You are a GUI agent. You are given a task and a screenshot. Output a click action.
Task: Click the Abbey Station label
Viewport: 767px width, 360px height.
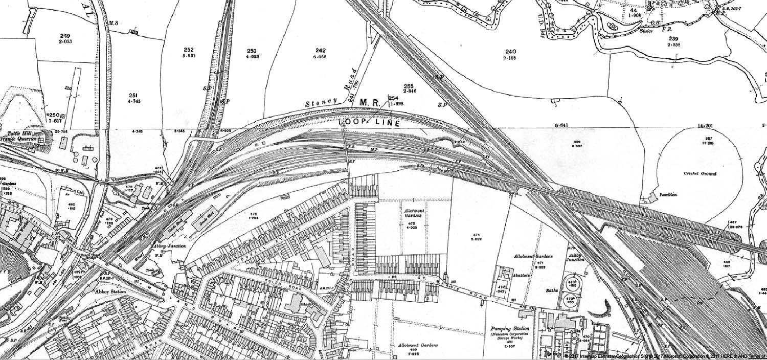[110, 291]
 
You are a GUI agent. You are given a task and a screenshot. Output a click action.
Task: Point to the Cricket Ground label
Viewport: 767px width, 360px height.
[700, 174]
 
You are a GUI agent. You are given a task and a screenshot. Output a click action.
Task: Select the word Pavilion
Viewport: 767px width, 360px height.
[668, 195]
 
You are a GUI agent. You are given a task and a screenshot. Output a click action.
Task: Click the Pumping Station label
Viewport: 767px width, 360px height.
[505, 329]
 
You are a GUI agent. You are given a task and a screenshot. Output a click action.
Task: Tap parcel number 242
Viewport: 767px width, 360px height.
[321, 50]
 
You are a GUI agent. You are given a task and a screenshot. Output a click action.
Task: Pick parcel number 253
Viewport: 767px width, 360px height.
[252, 51]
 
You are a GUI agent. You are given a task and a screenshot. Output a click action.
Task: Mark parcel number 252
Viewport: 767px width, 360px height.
[189, 50]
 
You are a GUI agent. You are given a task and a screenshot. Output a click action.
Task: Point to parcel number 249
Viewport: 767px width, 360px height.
[65, 36]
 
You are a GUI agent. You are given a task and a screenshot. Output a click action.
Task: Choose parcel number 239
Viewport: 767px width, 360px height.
[673, 39]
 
